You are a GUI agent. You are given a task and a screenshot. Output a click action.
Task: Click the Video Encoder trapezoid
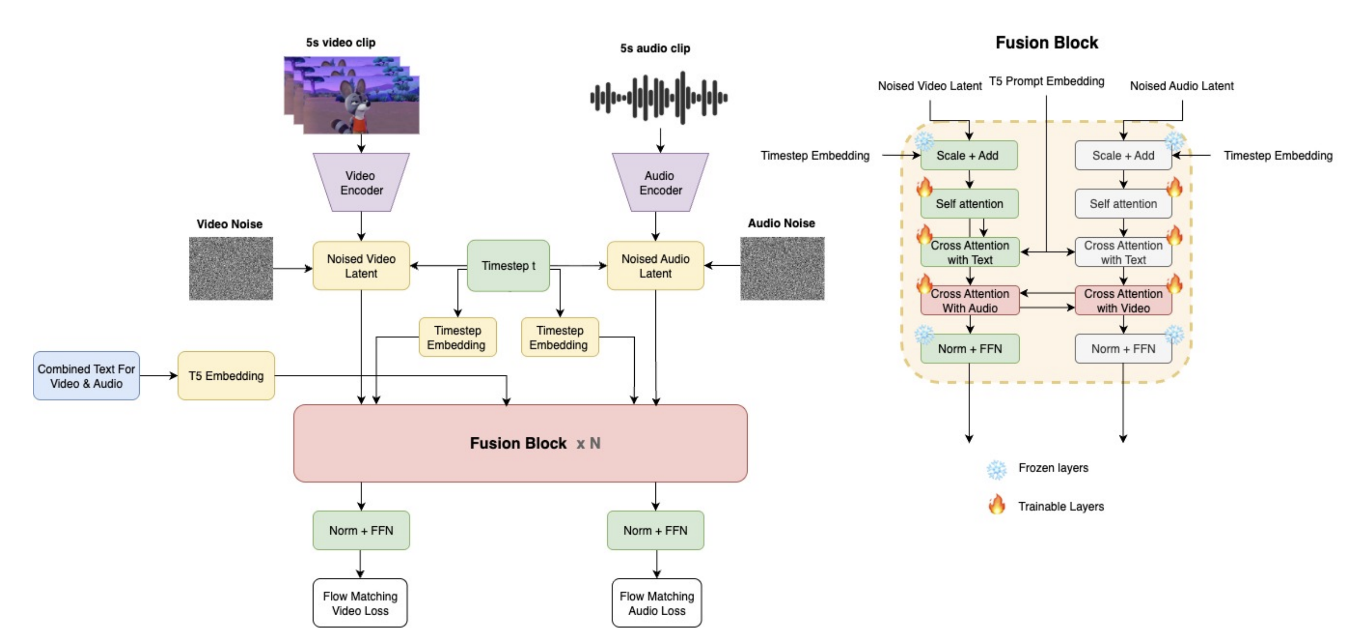pos(361,182)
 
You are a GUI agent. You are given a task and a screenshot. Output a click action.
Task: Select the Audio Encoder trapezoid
pos(661,182)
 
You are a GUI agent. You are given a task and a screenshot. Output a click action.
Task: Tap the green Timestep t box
pos(509,265)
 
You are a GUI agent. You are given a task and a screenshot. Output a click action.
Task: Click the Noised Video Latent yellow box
pos(361,265)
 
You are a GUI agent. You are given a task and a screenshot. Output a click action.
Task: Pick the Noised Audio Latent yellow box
pos(655,265)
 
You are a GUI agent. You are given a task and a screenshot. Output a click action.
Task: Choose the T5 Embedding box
pos(226,375)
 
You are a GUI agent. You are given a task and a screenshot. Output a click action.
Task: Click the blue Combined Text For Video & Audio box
pos(86,375)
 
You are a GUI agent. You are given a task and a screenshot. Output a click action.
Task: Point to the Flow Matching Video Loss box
pos(360,603)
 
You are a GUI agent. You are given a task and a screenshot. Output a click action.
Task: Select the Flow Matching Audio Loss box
pos(657,603)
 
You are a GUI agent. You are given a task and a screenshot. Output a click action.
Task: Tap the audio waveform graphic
pos(659,97)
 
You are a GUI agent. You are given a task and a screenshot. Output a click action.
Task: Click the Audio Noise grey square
pos(782,268)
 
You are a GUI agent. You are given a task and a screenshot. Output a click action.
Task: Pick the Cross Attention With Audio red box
pos(969,300)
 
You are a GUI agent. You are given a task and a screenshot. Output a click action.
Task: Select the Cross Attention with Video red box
pos(1123,300)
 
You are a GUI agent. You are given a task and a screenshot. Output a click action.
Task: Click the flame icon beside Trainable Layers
pos(996,505)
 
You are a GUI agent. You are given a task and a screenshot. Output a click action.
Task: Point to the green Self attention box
pos(969,203)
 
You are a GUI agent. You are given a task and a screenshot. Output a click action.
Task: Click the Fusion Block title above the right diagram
pos(1046,43)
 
